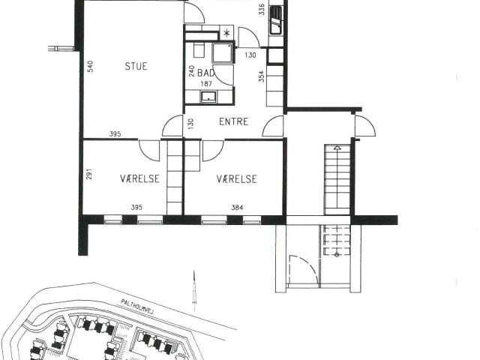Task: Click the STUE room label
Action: [x=136, y=66]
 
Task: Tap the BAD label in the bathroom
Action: [x=205, y=73]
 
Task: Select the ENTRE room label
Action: [x=233, y=121]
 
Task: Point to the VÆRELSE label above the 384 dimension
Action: [x=237, y=179]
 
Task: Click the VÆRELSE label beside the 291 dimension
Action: [x=140, y=178]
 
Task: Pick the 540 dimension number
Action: [x=90, y=67]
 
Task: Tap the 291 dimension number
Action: [x=89, y=174]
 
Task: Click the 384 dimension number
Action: [x=237, y=208]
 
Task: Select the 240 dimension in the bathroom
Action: [x=192, y=71]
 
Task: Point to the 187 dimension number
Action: [x=206, y=84]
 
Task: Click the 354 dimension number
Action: [x=261, y=76]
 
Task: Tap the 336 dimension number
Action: [x=262, y=10]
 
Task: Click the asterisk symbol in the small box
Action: [x=226, y=33]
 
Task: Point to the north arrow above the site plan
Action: [x=194, y=286]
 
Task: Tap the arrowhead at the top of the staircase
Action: [x=337, y=148]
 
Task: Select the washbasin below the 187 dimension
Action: [x=208, y=97]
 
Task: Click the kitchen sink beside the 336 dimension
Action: [x=275, y=20]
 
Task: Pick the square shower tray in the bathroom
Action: [x=223, y=53]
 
